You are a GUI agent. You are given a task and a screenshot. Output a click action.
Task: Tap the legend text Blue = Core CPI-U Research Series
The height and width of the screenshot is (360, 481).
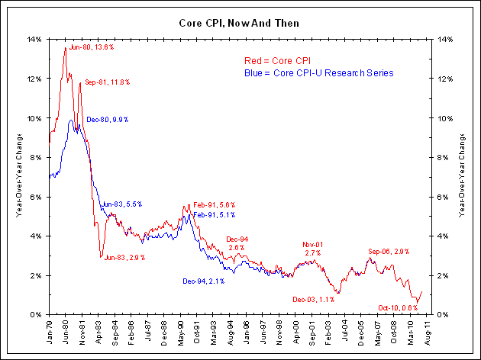[318, 73]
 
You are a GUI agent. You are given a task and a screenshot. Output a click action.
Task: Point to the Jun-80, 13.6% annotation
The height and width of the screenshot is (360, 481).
[92, 47]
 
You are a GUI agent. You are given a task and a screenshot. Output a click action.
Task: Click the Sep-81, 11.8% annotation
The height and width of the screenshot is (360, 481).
[108, 82]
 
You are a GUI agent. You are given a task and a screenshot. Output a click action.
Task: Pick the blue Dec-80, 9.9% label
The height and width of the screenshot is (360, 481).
[108, 120]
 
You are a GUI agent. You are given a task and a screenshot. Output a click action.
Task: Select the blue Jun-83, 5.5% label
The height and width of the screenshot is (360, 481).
[121, 204]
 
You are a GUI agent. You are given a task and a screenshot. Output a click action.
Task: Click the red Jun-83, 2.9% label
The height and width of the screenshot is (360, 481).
[124, 258]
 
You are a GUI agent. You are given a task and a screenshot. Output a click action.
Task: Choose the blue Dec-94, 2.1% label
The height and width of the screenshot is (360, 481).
[202, 282]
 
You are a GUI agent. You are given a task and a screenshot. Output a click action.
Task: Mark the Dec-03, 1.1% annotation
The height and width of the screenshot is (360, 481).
[313, 300]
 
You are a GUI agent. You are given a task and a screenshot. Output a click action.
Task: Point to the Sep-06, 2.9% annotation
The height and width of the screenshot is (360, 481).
[389, 251]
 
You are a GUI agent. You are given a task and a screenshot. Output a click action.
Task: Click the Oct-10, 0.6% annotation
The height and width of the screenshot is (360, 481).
[398, 307]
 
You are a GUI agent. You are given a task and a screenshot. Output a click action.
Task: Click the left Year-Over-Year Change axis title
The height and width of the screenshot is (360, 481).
[18, 177]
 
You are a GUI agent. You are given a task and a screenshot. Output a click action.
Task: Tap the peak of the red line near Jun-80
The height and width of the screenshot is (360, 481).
[65, 47]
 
